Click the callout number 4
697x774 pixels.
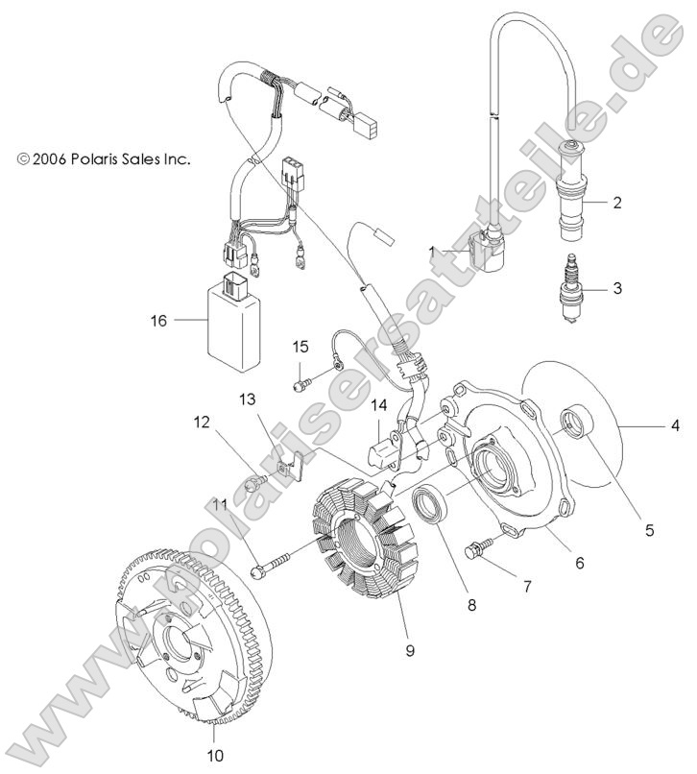pyautogui.click(x=675, y=423)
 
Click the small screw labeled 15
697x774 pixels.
pyautogui.click(x=299, y=384)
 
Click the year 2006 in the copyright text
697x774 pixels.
pyautogui.click(x=49, y=159)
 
